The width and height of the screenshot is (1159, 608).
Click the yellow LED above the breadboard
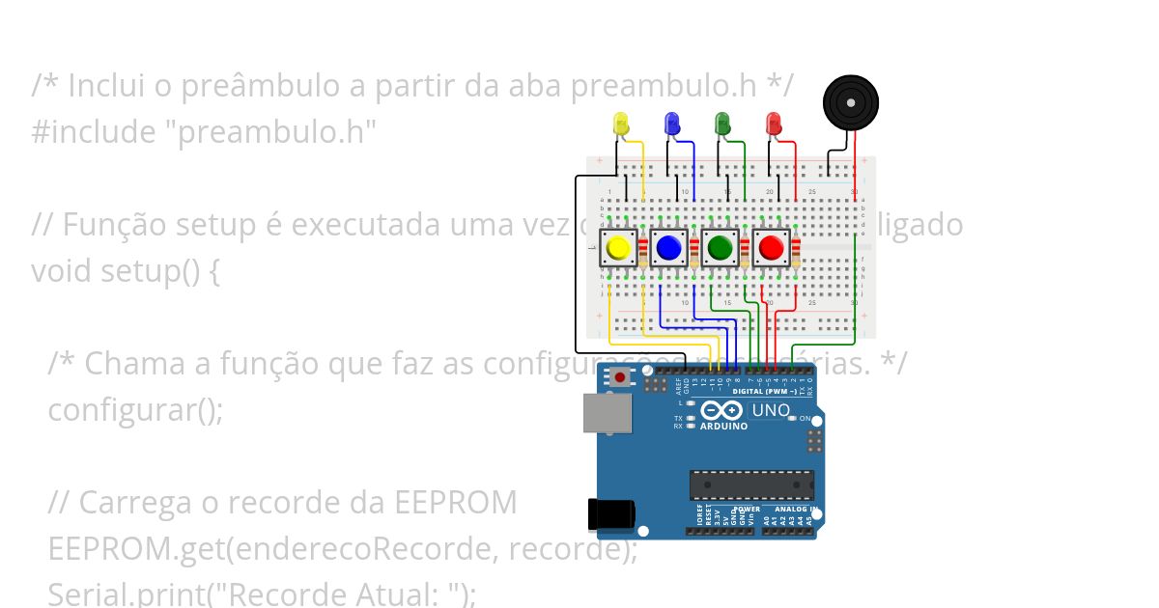pos(621,124)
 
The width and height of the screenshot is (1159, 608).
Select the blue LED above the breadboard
pos(672,123)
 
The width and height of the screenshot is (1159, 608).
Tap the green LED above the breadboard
pos(722,123)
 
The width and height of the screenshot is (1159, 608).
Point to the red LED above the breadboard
pos(773,124)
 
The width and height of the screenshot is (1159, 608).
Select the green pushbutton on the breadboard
pos(720,248)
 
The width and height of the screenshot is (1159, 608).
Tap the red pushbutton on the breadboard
pos(771,248)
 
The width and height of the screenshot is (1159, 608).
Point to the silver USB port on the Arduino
pos(608,413)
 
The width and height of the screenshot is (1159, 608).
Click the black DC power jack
pos(610,514)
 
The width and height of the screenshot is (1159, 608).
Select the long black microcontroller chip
pos(751,485)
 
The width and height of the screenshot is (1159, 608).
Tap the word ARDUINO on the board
pos(722,427)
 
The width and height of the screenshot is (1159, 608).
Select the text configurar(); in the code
pos(135,409)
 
